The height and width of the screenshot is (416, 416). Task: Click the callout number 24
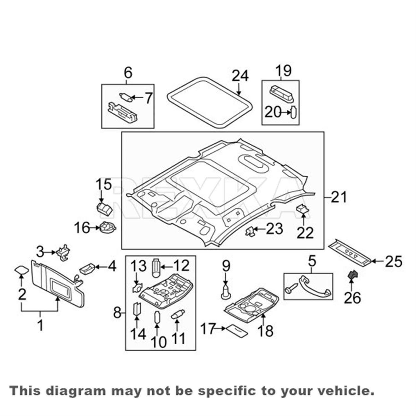pyautogui.click(x=240, y=75)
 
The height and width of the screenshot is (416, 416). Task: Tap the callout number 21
pyautogui.click(x=339, y=197)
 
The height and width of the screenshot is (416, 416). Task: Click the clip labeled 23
pyautogui.click(x=250, y=231)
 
